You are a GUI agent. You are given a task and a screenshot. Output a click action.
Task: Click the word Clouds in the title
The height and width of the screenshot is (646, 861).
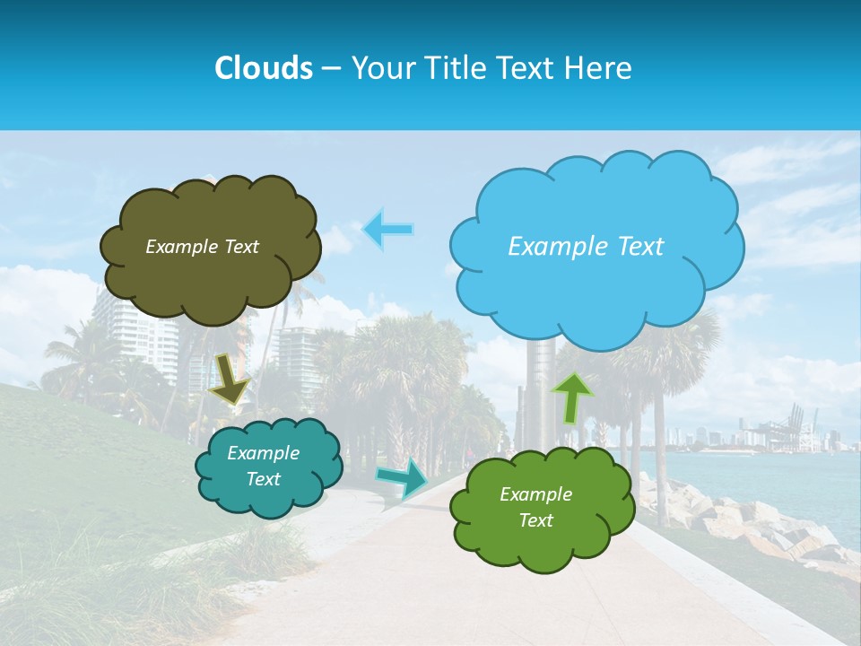pyautogui.click(x=264, y=68)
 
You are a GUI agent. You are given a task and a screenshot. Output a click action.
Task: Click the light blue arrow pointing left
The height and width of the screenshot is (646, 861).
pyautogui.click(x=387, y=230)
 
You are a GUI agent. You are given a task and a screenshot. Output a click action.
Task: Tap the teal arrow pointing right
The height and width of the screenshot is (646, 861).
pyautogui.click(x=403, y=477)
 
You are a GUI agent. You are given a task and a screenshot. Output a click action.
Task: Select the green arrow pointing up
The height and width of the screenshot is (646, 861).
pyautogui.click(x=572, y=397)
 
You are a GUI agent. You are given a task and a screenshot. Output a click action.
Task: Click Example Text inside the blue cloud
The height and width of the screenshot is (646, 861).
pyautogui.click(x=586, y=246)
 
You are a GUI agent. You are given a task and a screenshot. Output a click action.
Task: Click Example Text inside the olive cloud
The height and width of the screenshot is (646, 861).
pyautogui.click(x=202, y=246)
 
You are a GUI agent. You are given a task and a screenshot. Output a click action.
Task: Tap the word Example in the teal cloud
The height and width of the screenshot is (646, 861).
pyautogui.click(x=263, y=453)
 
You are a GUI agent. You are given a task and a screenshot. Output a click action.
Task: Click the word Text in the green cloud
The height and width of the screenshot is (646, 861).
pyautogui.click(x=535, y=520)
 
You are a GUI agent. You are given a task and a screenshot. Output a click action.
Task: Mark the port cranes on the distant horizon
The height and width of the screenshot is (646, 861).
pyautogui.click(x=794, y=426)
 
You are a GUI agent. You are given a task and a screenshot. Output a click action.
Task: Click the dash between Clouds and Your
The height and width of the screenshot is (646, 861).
pyautogui.click(x=331, y=68)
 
